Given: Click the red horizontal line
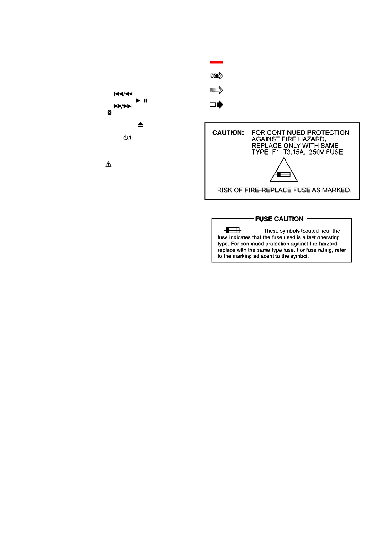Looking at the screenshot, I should point(216,62).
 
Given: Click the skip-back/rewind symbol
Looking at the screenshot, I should point(123,94).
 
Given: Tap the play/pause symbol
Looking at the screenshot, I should point(142,101).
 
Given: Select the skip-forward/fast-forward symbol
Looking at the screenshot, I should point(122,106).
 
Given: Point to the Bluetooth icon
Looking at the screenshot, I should point(109,113).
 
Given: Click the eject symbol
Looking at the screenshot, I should point(140,125).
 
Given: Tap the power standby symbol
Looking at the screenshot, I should point(127,138).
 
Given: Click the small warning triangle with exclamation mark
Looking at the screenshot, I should point(109,164).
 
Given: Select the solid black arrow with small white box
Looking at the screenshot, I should point(217,104).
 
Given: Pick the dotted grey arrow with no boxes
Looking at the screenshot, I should point(217,90).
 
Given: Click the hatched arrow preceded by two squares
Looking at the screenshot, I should point(217,76).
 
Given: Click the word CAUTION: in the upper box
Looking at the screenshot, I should point(228,133).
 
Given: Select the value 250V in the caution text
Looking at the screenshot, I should point(317,152).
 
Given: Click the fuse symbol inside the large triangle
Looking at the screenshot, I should point(283,175).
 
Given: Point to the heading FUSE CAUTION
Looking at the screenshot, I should point(279,219).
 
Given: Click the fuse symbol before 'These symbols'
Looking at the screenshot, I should point(233,230).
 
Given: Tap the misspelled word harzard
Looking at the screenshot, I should point(328,244).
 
